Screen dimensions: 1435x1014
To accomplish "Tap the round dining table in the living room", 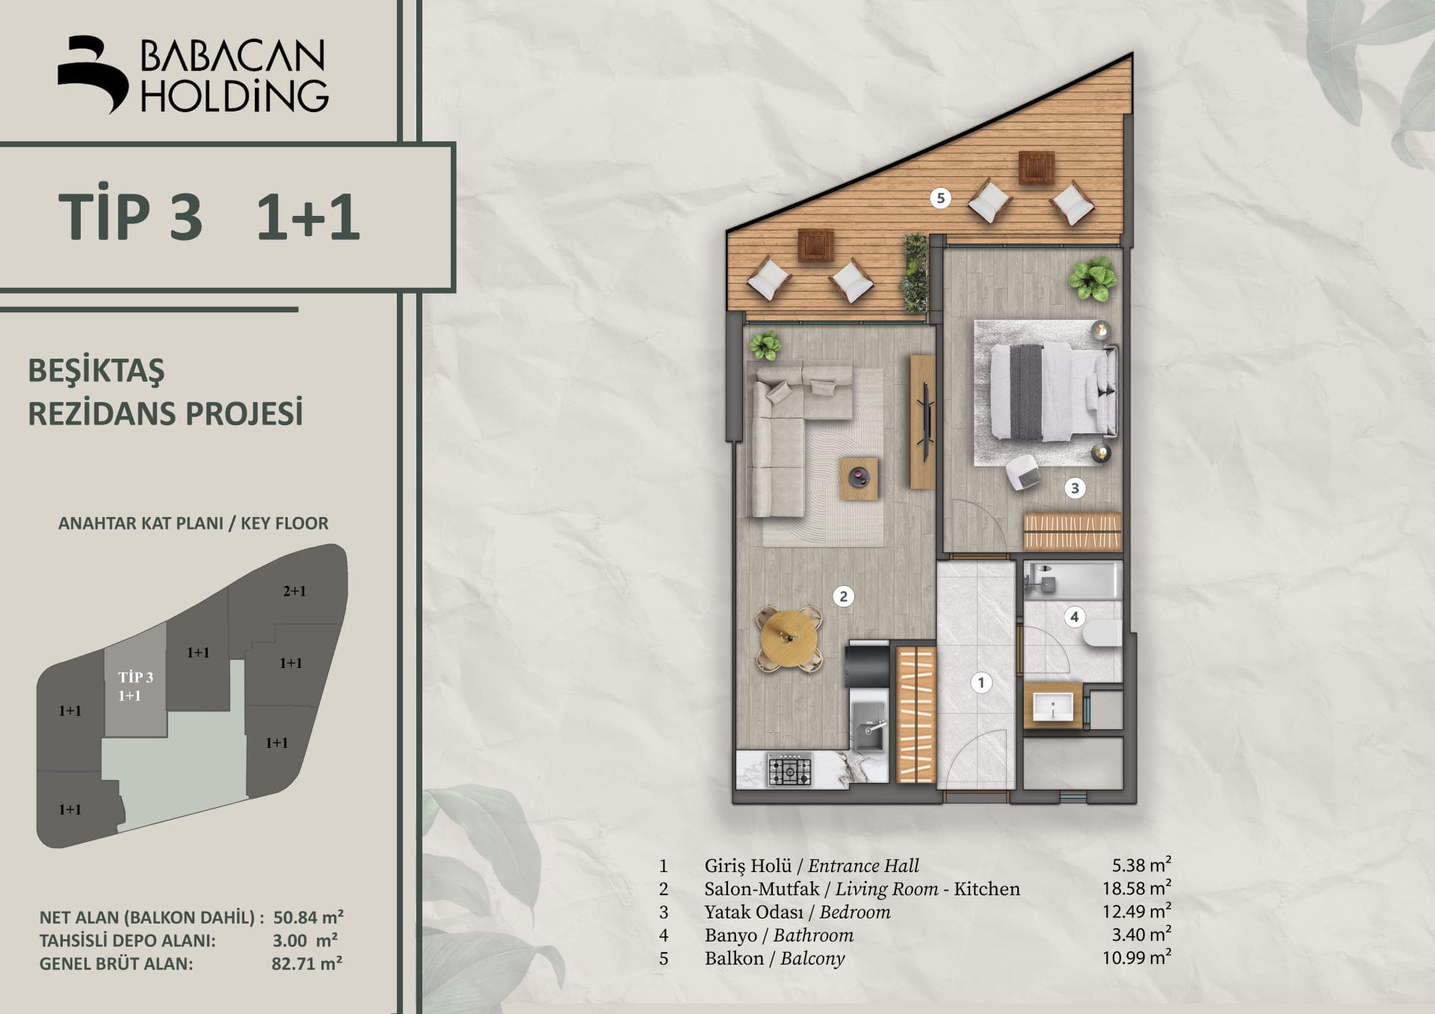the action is [x=789, y=640].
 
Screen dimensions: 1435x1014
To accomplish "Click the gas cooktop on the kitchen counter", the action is [x=789, y=770].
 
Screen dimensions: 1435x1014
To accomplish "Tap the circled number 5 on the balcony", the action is [x=940, y=198].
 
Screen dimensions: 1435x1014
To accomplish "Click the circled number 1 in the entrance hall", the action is [x=981, y=681].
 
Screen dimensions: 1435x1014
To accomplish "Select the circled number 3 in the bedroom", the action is [x=1075, y=488].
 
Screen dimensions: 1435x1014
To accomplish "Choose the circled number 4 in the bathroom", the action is [x=1074, y=616].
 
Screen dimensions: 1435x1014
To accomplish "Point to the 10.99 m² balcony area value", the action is [x=1136, y=957].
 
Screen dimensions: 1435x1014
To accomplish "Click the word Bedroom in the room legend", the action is [x=855, y=912].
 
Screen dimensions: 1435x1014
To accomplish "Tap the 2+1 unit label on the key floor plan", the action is [x=294, y=591].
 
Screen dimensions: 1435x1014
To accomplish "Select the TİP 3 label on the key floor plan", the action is [x=135, y=677].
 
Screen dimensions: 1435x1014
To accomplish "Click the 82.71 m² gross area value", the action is [x=306, y=963].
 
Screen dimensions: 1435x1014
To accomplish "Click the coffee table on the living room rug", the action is [x=858, y=477].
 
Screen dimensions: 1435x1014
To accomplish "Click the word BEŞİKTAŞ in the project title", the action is [x=96, y=371].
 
